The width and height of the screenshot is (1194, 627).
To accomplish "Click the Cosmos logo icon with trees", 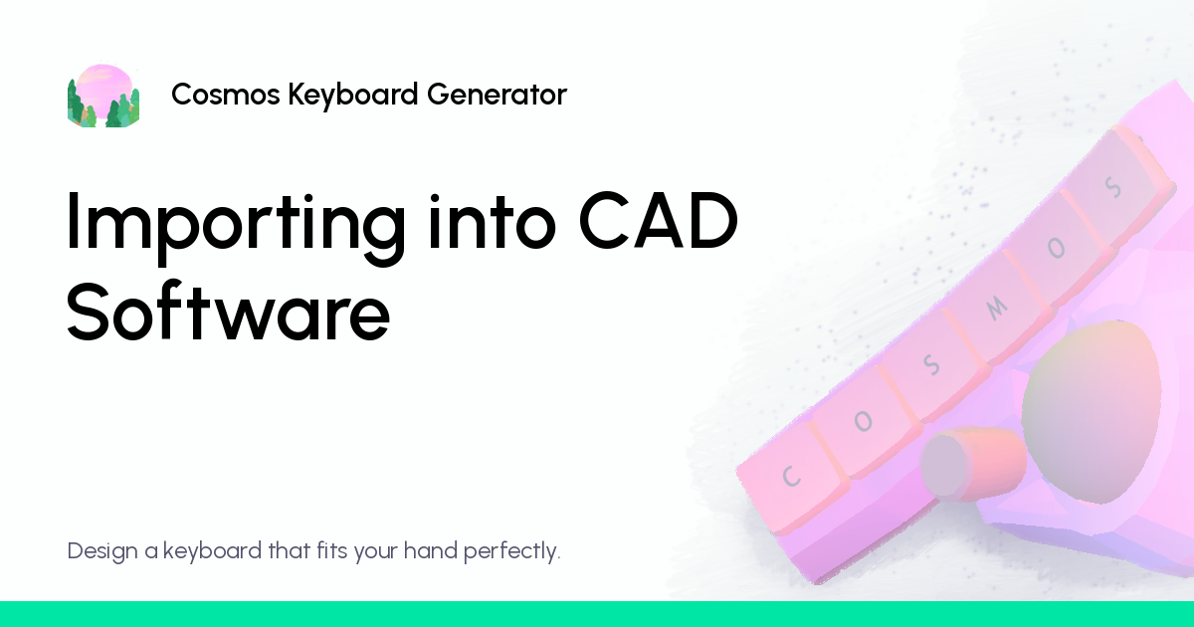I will [x=103, y=96].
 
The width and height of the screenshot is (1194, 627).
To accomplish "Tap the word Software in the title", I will [x=228, y=313].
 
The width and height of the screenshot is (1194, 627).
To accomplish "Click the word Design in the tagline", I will [x=102, y=550].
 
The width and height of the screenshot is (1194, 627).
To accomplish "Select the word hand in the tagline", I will [x=431, y=550].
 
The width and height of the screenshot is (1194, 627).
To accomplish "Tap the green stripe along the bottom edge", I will [x=597, y=614].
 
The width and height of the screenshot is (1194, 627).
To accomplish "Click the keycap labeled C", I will [x=792, y=476].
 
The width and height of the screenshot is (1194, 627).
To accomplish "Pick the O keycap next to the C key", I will [x=863, y=423].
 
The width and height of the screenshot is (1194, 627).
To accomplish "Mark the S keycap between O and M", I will [x=930, y=366].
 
